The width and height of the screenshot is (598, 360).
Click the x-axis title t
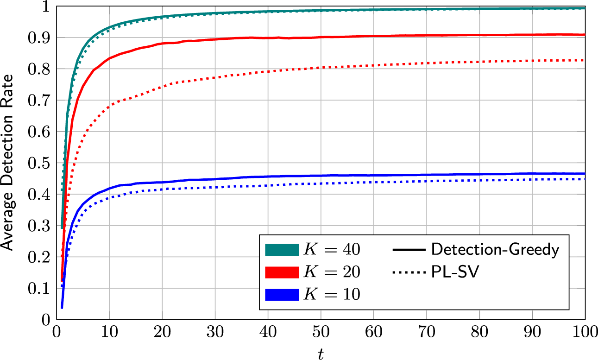pos(321,354)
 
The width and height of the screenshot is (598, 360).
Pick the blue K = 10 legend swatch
pos(281,295)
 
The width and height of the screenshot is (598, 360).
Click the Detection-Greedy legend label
pos(495,250)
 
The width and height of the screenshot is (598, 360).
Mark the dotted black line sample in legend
pos(409,273)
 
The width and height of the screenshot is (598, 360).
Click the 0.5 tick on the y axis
pos(39,163)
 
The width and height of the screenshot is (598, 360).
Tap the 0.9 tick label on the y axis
pos(39,38)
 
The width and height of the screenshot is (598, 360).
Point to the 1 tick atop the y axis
pos(45,6)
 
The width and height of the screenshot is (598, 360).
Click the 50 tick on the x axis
pos(321,332)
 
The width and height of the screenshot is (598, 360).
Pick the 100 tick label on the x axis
pos(585,332)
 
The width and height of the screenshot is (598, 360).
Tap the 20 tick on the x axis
pos(162,332)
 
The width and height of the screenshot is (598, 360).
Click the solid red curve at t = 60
pos(373,36)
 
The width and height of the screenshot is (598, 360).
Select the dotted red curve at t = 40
pos(268,71)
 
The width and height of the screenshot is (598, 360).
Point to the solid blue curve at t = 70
pos(426,175)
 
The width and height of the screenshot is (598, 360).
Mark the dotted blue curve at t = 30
pos(215,187)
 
